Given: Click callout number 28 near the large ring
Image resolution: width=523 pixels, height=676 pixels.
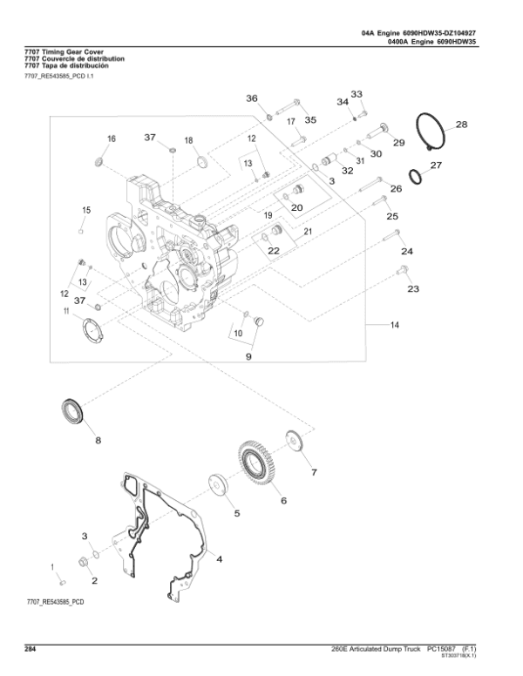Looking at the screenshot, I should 461,125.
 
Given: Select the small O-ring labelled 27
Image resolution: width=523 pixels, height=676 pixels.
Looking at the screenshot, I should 418,176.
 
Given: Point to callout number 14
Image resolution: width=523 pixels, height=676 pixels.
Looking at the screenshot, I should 394,325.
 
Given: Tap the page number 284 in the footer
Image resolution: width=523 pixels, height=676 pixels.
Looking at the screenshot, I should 31,649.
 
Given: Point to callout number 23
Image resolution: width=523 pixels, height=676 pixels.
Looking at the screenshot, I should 412,288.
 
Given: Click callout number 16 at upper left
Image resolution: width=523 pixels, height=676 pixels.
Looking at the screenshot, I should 111,139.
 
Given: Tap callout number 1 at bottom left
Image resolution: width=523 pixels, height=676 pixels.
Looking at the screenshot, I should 52,566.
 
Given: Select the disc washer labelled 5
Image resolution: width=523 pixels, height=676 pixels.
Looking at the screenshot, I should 217,485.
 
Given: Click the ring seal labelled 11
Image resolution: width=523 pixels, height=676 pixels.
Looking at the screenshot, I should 92,331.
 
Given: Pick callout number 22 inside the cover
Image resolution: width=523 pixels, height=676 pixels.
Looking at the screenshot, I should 274,251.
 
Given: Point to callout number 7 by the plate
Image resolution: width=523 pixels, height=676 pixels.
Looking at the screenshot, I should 314,472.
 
